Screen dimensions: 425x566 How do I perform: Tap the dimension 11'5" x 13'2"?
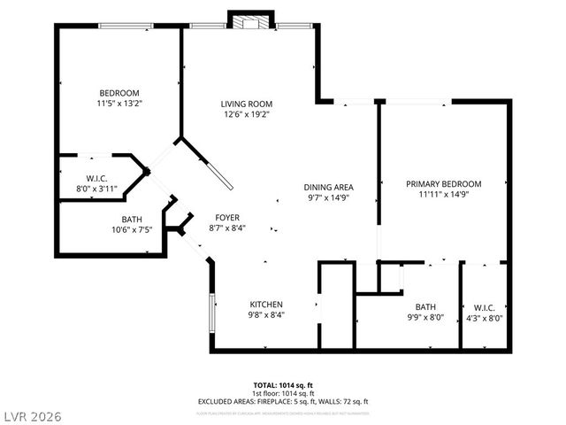(x=120, y=103)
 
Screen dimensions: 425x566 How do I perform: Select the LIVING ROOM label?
(x=245, y=104)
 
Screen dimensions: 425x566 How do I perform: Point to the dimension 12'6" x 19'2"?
(x=245, y=114)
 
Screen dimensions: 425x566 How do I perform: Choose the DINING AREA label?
(x=329, y=187)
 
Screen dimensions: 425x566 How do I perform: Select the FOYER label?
(x=227, y=217)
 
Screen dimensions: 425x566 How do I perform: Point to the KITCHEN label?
(x=265, y=304)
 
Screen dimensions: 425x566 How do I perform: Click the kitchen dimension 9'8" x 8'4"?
(x=265, y=314)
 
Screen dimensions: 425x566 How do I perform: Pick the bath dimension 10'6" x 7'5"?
(x=131, y=229)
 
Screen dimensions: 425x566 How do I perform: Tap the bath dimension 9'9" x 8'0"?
(x=425, y=318)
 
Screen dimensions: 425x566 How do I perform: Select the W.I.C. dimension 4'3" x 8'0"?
(x=484, y=318)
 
